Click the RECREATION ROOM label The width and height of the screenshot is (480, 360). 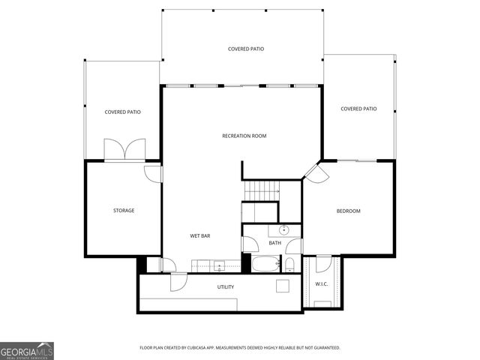(x=244, y=136)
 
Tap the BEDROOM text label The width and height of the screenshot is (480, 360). (x=348, y=211)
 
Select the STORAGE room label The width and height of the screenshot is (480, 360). (x=124, y=211)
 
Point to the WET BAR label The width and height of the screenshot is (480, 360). (x=199, y=236)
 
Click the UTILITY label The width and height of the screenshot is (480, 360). (x=225, y=286)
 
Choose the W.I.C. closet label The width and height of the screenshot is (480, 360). (x=322, y=284)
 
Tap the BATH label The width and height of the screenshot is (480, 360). (x=275, y=243)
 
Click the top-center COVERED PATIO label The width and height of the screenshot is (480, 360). (x=246, y=49)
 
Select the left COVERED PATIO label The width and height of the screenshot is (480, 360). (x=122, y=112)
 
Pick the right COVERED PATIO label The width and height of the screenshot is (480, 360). (x=358, y=109)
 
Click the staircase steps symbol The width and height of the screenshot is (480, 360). (x=262, y=190)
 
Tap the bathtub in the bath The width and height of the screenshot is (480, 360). (x=265, y=264)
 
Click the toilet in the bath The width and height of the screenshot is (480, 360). (x=289, y=263)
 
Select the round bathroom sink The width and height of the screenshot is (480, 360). (x=284, y=230)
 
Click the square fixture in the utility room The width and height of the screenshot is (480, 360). (x=282, y=286)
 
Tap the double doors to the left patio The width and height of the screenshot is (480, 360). (x=121, y=149)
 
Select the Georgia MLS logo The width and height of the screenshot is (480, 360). (x=27, y=351)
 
